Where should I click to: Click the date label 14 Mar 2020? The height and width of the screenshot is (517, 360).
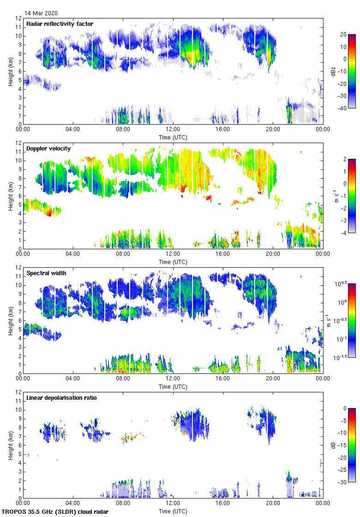click(x=42, y=13)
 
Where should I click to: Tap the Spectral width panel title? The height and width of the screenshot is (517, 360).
click(x=46, y=273)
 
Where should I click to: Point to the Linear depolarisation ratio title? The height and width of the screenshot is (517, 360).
click(x=61, y=397)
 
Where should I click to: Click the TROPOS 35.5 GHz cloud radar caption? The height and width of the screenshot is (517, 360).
click(x=55, y=512)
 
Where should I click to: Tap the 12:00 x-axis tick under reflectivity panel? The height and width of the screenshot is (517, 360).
click(x=173, y=130)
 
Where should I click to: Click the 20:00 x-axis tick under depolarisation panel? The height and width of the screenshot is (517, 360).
click(x=272, y=504)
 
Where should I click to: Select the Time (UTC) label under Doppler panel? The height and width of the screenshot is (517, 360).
click(x=173, y=262)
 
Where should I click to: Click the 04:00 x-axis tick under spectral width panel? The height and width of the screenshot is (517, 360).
click(x=73, y=379)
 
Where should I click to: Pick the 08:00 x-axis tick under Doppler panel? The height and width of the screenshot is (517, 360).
click(x=123, y=254)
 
